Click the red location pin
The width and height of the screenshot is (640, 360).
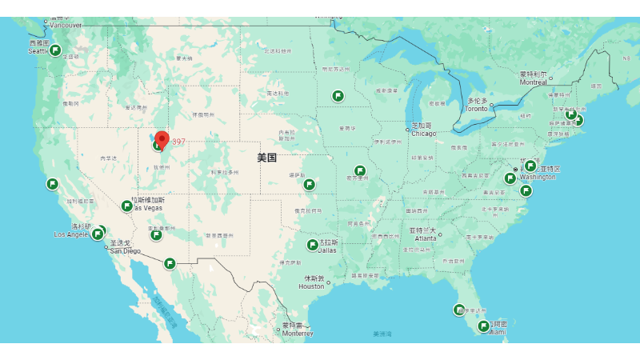pos(162,138)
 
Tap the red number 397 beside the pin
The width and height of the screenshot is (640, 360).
pos(178,142)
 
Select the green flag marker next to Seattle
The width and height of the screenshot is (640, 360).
pos(56,50)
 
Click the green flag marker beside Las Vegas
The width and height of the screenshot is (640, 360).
pos(126,206)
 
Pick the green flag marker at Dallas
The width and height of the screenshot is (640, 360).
pos(313,245)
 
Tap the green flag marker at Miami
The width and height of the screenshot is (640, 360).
pos(483,326)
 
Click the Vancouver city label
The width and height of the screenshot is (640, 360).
pos(66,25)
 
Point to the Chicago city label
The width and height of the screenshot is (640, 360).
pos(424,134)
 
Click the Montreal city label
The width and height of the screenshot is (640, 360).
pos(533,82)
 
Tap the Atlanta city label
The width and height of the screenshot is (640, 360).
pos(426,238)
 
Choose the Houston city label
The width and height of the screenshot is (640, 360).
pos(312,286)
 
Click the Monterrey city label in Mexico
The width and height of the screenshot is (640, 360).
pos(297,334)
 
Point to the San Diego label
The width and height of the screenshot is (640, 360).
pos(125,250)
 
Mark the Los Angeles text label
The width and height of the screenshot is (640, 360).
pos(72,234)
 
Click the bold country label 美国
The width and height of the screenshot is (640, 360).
pos(266,158)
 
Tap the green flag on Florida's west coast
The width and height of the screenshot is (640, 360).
pos(459,310)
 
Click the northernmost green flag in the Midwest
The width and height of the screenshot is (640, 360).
pos(338,96)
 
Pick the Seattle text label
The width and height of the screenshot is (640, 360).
pos(38,51)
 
